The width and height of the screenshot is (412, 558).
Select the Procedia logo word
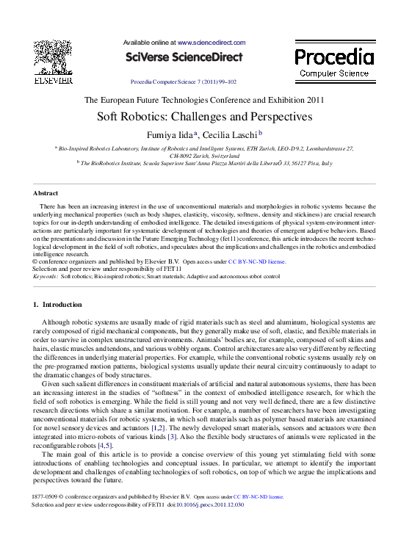[334, 57]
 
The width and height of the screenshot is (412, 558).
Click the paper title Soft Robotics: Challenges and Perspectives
[205, 117]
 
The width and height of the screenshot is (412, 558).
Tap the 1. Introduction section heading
[58, 304]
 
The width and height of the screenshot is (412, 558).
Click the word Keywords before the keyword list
[45, 277]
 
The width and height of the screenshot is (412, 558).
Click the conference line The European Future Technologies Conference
[204, 100]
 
